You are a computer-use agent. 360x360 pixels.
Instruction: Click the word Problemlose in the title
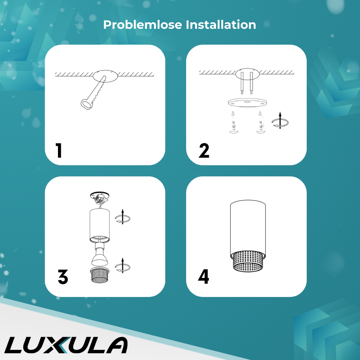143,24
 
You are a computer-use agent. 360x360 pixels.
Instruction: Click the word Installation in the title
221,24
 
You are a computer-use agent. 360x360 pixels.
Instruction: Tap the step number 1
59,150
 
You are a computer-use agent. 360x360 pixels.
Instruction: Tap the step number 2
204,150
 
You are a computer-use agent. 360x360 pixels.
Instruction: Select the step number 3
63,276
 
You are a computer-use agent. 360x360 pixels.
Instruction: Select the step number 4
203,276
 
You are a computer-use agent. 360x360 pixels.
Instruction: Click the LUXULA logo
66,345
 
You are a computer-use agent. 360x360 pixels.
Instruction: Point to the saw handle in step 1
86,104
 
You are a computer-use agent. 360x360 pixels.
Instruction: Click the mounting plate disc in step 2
247,102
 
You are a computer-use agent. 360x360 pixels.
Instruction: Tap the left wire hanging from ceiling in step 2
242,83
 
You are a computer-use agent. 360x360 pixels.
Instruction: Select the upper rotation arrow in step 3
123,217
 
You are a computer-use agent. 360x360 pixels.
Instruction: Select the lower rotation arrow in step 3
123,265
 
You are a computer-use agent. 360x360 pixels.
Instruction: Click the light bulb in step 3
100,255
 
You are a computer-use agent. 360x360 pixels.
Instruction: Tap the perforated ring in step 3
100,275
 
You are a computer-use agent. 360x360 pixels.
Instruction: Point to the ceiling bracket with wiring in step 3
99,198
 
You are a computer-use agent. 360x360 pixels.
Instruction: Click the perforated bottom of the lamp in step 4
248,261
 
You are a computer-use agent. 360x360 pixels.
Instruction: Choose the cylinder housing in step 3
100,225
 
